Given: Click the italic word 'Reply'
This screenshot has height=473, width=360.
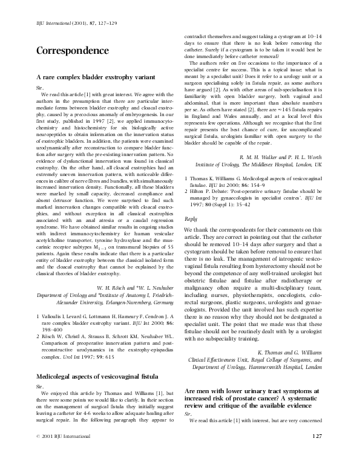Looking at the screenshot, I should point(191,236).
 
